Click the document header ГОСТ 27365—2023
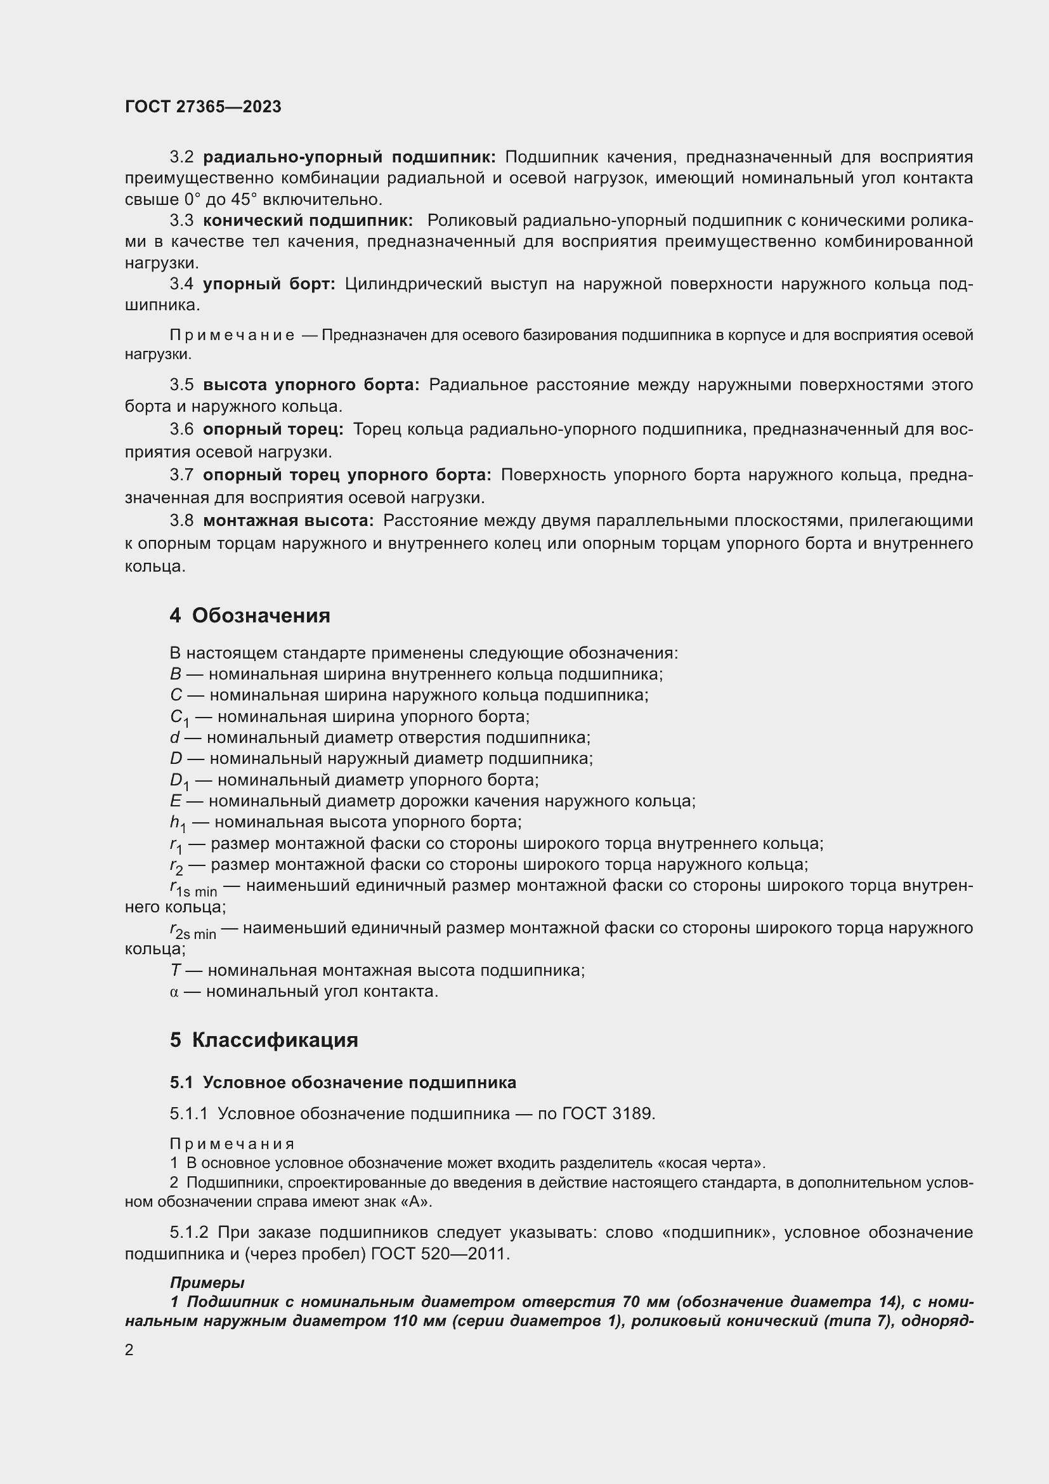pos(203,107)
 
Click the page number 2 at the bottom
pos(129,1350)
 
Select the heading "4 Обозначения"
pos(250,615)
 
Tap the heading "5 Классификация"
pos(264,1040)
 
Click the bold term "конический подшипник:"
pos(308,220)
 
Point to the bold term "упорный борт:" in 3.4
pos(270,284)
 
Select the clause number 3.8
pos(181,521)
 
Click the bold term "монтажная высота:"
pos(288,521)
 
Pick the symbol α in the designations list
pos(174,992)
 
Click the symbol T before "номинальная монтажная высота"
pos(174,970)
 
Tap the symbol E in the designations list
pos(175,801)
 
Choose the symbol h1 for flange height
pos(178,824)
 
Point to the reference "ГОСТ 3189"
pos(608,1113)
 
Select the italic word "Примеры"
pos(207,1283)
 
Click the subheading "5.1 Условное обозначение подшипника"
pos(343,1082)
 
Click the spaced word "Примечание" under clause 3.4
pos(232,336)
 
